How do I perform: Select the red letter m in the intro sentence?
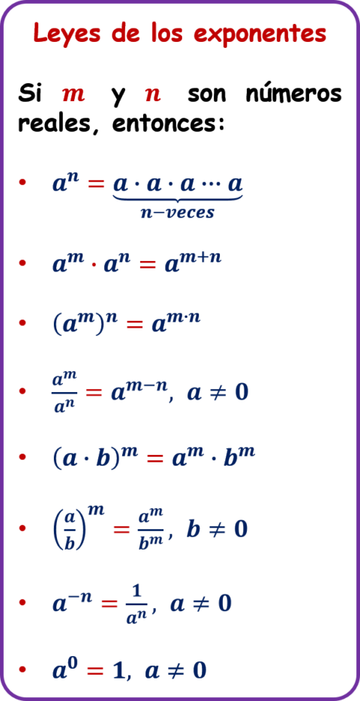73,94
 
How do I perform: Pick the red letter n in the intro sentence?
153,94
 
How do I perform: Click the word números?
294,94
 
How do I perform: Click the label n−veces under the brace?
178,213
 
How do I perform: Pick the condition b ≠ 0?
216,529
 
